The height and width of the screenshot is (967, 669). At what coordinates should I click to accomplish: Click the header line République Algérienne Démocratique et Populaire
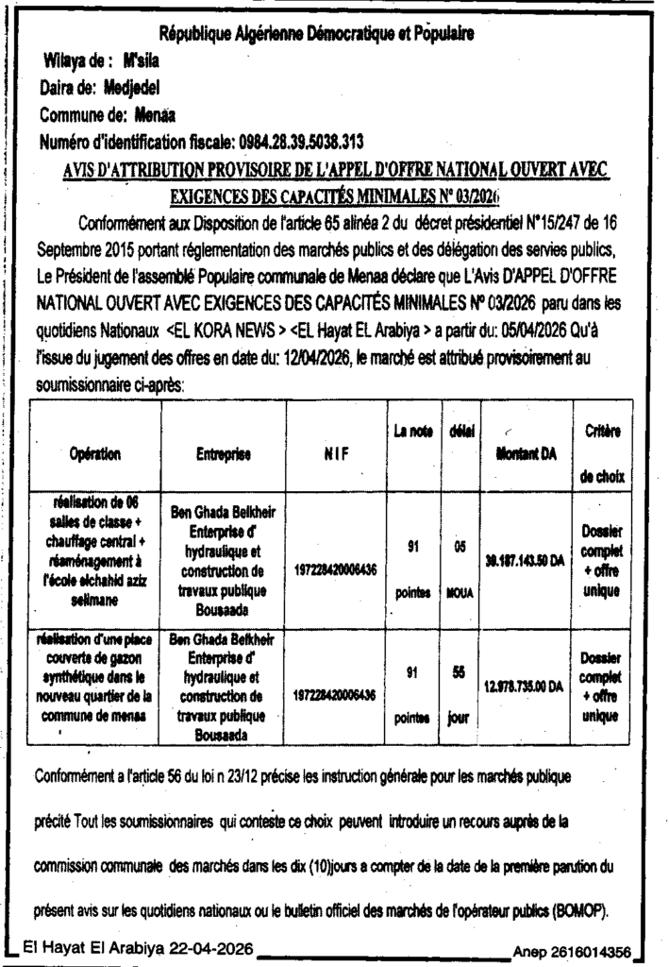[316, 35]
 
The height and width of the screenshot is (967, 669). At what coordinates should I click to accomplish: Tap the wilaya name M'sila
[144, 61]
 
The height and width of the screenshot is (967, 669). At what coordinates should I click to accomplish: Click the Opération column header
[94, 454]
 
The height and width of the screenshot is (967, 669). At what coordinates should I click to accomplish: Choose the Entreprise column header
[223, 454]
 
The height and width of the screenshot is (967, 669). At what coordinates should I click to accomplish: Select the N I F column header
[335, 454]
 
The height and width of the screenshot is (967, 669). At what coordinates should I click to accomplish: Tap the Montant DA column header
[526, 454]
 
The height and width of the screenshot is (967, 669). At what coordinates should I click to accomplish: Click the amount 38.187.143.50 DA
[524, 559]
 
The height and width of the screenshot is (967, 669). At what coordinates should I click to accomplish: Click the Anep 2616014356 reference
[572, 951]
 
